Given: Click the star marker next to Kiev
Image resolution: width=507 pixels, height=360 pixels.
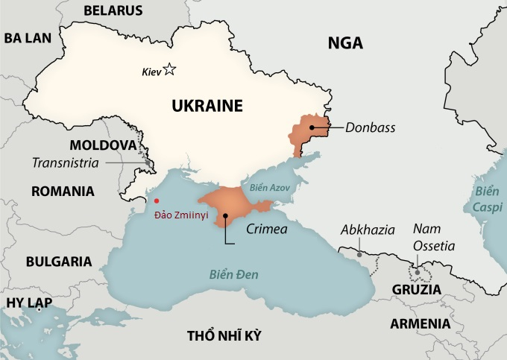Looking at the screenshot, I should point(169,70).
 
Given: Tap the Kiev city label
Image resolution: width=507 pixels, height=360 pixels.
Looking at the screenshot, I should point(151,72).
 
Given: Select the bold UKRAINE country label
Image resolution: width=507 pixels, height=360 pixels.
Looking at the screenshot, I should point(207,106).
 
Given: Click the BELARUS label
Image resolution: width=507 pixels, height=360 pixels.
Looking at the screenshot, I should point(113,10).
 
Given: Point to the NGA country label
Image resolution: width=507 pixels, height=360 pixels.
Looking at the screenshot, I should point(345,43).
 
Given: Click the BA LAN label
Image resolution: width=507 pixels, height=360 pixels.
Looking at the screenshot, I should point(28,38).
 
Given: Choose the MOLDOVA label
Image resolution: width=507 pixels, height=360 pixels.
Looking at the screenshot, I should point(103,145).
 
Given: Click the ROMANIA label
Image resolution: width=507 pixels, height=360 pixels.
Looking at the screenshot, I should point(63,191).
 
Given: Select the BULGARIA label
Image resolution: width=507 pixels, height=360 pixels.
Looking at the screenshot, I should point(59,262).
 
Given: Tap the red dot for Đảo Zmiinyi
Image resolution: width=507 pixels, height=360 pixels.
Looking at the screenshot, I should point(156,200).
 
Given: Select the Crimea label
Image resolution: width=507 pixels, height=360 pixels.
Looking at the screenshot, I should point(266,229).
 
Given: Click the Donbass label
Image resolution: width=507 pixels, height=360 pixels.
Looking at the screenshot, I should point(370,127).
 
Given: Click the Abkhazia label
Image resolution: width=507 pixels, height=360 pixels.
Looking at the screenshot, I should point(368,230).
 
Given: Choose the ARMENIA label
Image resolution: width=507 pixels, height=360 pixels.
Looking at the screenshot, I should point(420,323).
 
